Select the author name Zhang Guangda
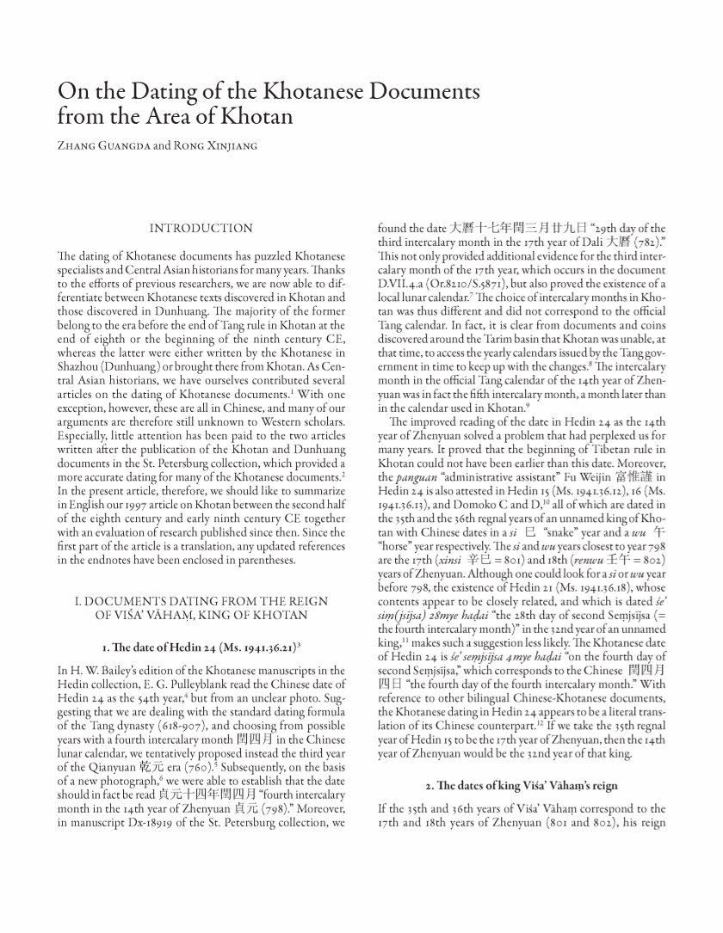92,145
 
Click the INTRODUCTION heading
201,229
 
